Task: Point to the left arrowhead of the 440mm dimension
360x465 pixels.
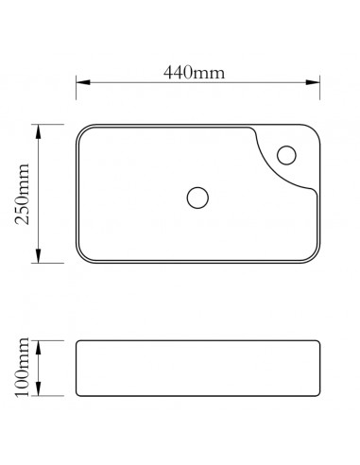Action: tap(80, 83)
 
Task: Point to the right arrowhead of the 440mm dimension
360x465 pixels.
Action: tap(317, 83)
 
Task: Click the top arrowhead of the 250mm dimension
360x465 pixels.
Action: tap(39, 128)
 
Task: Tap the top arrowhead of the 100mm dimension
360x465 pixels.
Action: tap(39, 342)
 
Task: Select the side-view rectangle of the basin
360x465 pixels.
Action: tap(197, 367)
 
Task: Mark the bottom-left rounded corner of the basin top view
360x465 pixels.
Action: tap(81, 257)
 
